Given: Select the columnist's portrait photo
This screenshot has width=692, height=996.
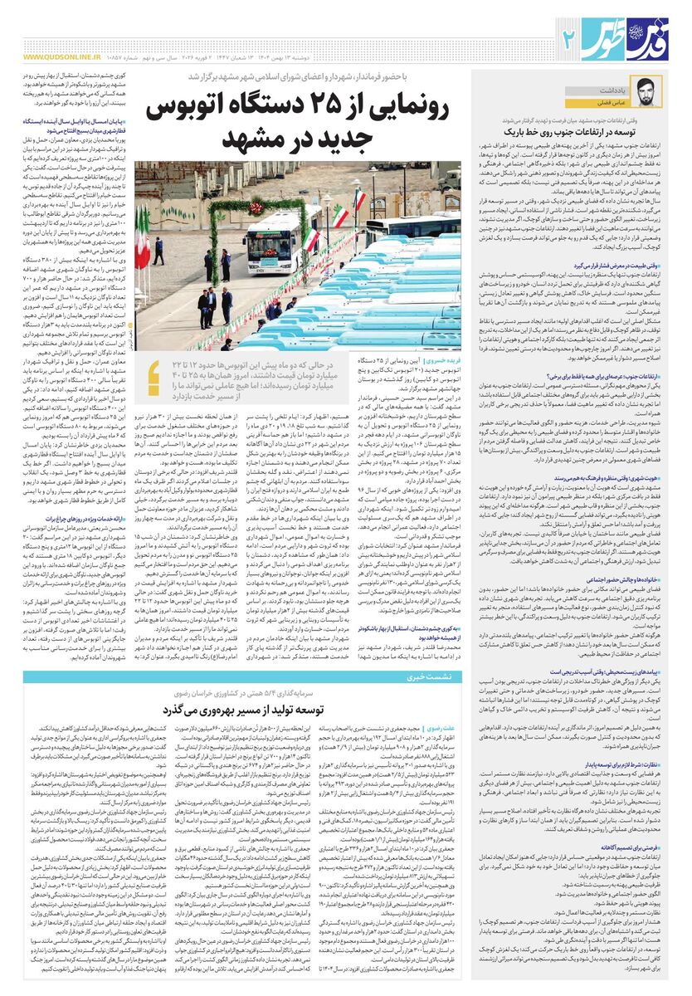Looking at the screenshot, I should pos(640,92).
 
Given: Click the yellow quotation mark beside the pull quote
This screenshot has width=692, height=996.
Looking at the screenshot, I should pos(153,378).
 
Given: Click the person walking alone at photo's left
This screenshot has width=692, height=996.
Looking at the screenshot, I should pos(158,250).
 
